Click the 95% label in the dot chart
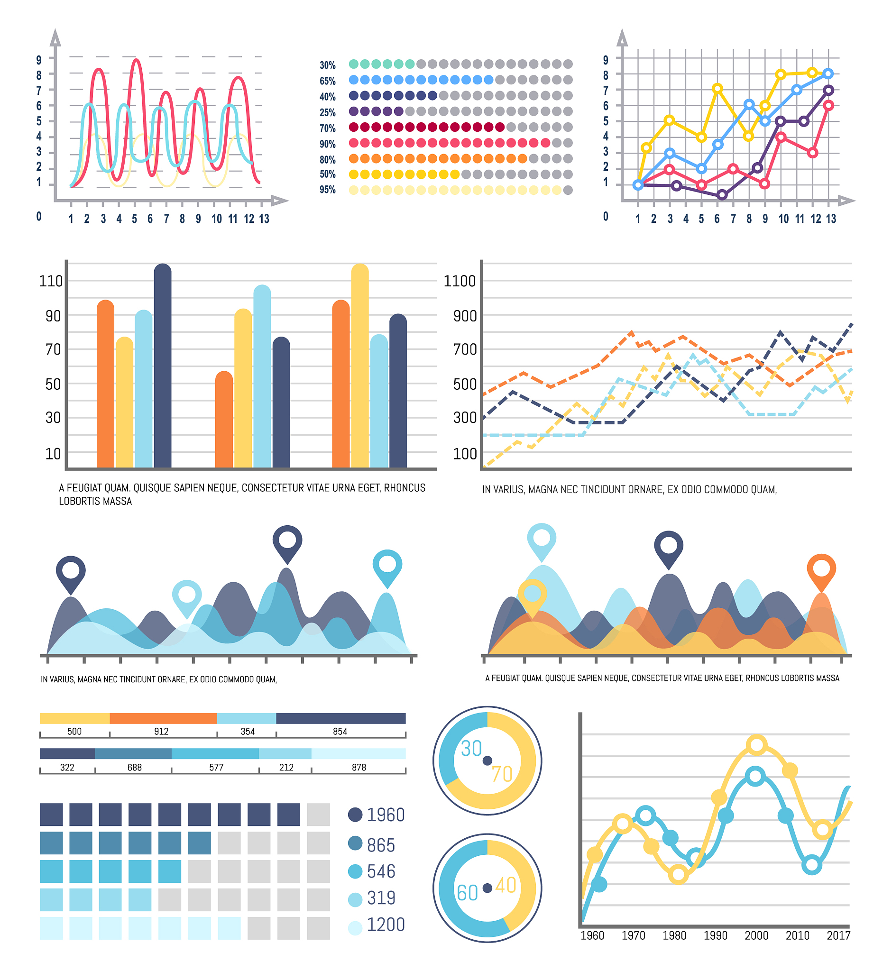pyautogui.click(x=327, y=190)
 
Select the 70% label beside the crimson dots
pyautogui.click(x=327, y=128)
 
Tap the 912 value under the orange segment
pyautogui.click(x=161, y=732)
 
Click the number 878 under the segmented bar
pyautogui.click(x=359, y=767)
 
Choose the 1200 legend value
pyautogui.click(x=385, y=925)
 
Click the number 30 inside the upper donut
pyautogui.click(x=471, y=749)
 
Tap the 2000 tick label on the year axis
pyautogui.click(x=756, y=936)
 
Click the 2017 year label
pyautogui.click(x=838, y=936)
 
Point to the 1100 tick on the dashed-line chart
pyautogui.click(x=460, y=281)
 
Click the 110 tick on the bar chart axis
pyautogui.click(x=51, y=281)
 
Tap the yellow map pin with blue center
pyautogui.click(x=532, y=595)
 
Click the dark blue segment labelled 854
pyautogui.click(x=341, y=719)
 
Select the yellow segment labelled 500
pyautogui.click(x=75, y=719)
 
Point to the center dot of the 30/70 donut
pyautogui.click(x=487, y=761)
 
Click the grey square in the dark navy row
pyautogui.click(x=319, y=815)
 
